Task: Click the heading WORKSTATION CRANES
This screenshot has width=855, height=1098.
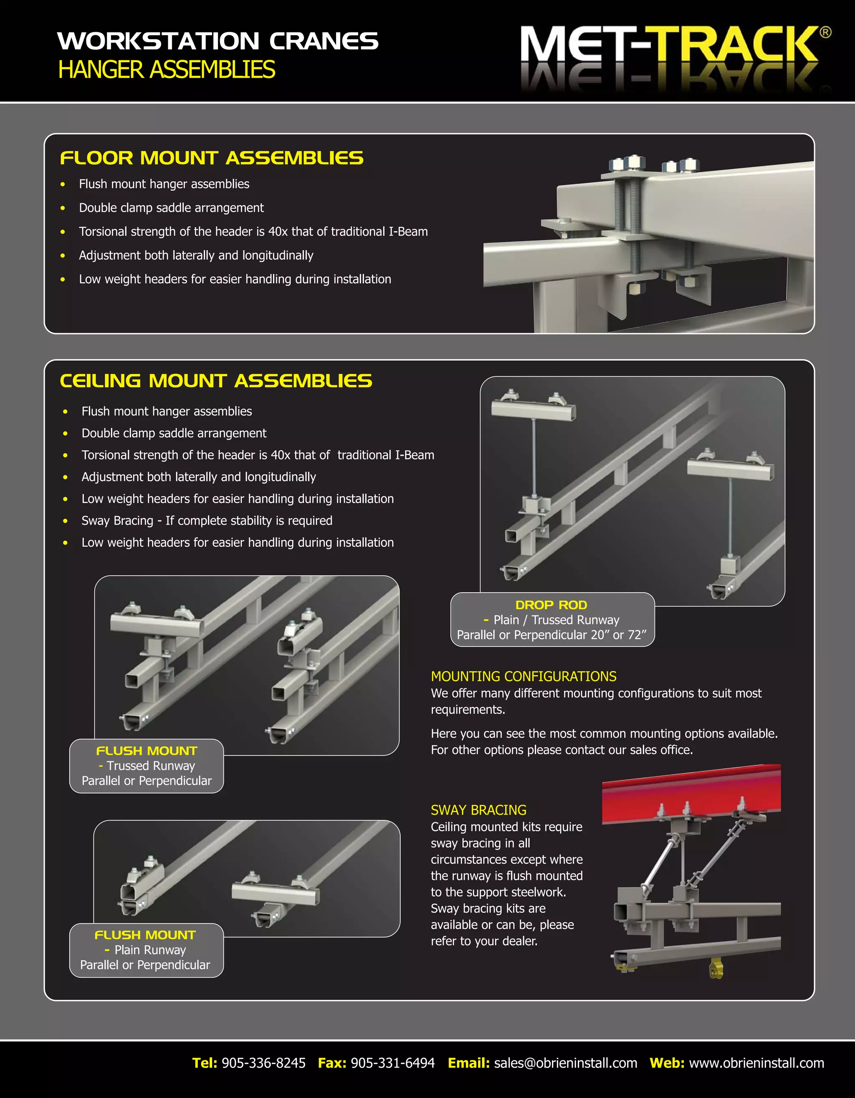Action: (x=218, y=41)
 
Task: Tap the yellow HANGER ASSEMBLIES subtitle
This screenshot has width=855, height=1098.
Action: (x=167, y=69)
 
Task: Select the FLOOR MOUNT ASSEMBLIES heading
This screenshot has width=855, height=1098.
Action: (x=212, y=158)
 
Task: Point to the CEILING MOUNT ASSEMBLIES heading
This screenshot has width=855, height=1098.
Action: (x=216, y=380)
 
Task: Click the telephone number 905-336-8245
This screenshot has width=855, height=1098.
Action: (x=263, y=1063)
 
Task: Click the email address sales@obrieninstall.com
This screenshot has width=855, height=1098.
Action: (x=565, y=1063)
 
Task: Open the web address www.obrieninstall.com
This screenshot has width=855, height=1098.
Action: (x=756, y=1063)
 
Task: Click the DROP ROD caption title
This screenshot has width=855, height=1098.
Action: (x=551, y=605)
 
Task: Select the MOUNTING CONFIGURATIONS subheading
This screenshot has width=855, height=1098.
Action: (x=523, y=676)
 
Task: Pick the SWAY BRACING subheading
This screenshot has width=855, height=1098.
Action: (x=478, y=810)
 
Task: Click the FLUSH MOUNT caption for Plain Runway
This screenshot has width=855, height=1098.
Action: (x=145, y=935)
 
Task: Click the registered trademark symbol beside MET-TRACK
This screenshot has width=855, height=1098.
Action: (x=825, y=33)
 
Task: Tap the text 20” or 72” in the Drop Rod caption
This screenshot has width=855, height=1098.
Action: (x=618, y=635)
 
